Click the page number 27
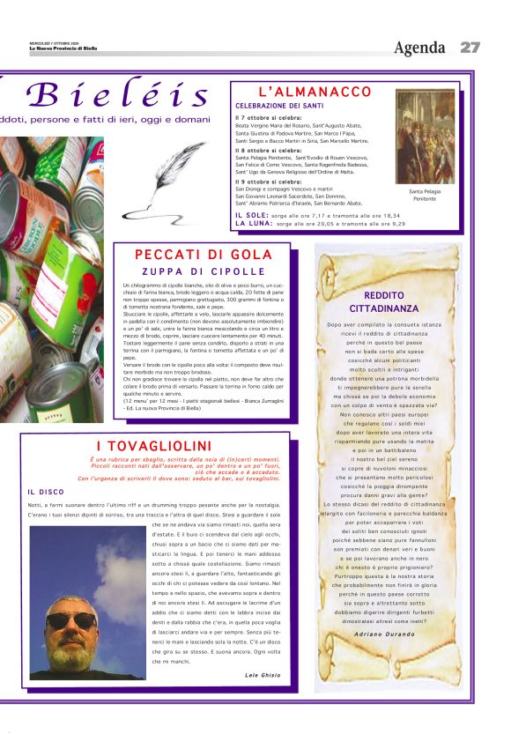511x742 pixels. tap(470, 47)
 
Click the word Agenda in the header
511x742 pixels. tap(420, 47)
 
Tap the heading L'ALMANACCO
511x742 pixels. tap(315, 92)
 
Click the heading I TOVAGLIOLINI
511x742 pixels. tap(153, 445)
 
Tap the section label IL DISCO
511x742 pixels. tap(46, 492)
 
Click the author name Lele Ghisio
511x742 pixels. tap(263, 675)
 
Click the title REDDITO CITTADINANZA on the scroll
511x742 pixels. tap(389, 302)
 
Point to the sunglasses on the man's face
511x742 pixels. tap(71, 620)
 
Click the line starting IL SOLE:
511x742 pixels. tap(317, 215)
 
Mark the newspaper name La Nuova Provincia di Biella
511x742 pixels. tap(63, 48)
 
